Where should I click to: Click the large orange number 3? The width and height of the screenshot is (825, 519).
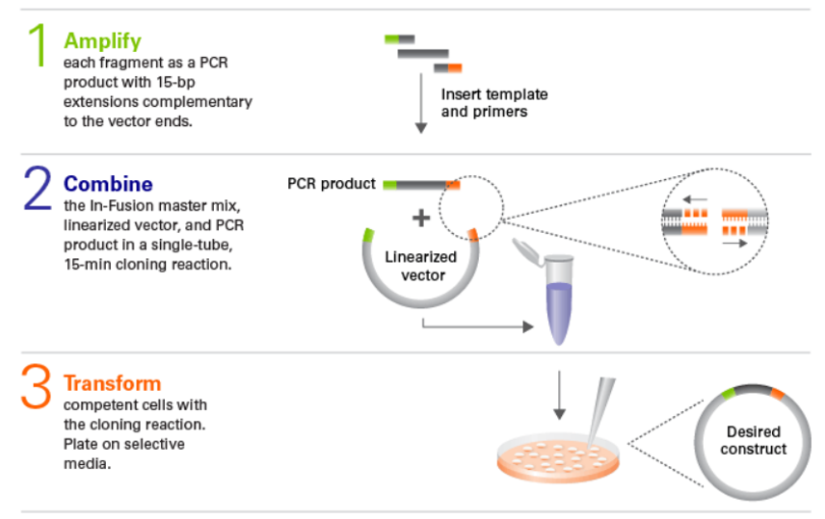(37, 390)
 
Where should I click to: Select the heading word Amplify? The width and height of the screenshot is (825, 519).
(102, 40)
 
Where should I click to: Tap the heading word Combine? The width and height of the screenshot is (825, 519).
(108, 183)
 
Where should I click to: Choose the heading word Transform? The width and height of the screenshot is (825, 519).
(113, 383)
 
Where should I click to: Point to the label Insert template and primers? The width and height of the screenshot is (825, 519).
(494, 103)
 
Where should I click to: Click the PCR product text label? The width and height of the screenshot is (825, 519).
(331, 184)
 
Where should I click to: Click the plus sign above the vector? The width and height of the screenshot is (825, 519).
(420, 219)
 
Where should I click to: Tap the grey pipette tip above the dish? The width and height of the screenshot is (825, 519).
(603, 404)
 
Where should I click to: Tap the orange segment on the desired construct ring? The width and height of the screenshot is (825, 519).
(778, 392)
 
